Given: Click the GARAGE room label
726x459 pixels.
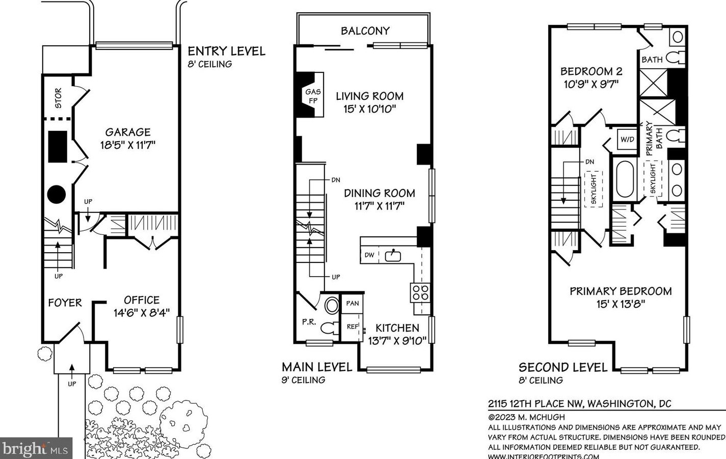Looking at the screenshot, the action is (x=128, y=132).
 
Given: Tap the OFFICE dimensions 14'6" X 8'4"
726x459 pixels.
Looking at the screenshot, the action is (x=142, y=313).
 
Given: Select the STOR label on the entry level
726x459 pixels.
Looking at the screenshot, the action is (x=59, y=98).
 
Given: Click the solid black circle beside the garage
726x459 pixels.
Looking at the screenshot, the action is (x=57, y=195).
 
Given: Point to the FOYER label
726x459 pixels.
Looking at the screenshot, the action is (x=65, y=303).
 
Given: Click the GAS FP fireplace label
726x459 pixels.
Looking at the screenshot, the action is (x=313, y=96).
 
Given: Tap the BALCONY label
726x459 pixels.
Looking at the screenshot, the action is (x=365, y=31).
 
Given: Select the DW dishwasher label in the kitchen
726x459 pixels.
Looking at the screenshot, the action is (x=369, y=255).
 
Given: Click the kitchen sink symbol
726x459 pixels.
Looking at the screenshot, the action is (x=393, y=256).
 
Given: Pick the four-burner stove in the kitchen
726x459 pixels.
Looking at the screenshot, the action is (x=420, y=292).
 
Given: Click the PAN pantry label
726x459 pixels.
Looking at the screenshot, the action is (x=353, y=304).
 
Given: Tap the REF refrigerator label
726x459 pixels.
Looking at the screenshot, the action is (x=353, y=327).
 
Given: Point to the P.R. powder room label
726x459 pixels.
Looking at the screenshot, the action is (x=309, y=322).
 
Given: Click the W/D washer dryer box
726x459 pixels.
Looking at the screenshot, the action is (x=627, y=140).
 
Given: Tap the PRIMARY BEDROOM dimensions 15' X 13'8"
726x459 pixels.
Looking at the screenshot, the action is (x=621, y=304).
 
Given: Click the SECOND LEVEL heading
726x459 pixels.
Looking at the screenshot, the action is (x=563, y=367).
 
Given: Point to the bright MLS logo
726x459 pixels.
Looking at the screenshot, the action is (x=36, y=448).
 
